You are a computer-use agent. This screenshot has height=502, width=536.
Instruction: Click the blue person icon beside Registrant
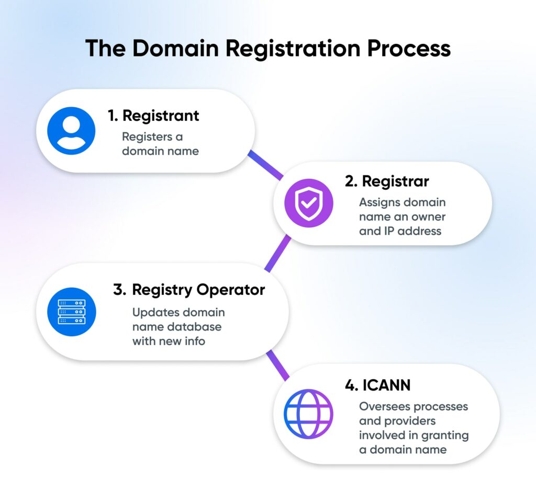pos(71,131)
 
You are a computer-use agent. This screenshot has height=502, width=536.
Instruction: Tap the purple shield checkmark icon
pos(309,203)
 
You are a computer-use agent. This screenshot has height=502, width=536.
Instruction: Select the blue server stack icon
pos(72,312)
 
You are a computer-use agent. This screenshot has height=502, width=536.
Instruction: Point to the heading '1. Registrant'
pos(153,115)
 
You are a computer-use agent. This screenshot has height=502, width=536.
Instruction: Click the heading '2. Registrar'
pos(387,181)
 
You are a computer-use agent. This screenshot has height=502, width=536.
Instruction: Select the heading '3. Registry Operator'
pos(189,290)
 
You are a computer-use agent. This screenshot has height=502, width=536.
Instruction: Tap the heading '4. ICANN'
pos(378,385)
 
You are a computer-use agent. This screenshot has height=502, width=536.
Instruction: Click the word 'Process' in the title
pos(408,49)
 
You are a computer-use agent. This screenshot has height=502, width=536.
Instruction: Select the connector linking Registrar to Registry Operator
pos(278,253)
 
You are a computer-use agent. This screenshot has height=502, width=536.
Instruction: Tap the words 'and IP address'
pos(400,231)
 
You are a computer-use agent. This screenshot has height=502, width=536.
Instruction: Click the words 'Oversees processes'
pos(414,406)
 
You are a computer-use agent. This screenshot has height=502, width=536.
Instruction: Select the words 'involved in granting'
pos(414,435)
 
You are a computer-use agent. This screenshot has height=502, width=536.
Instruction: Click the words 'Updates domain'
pos(178,313)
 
